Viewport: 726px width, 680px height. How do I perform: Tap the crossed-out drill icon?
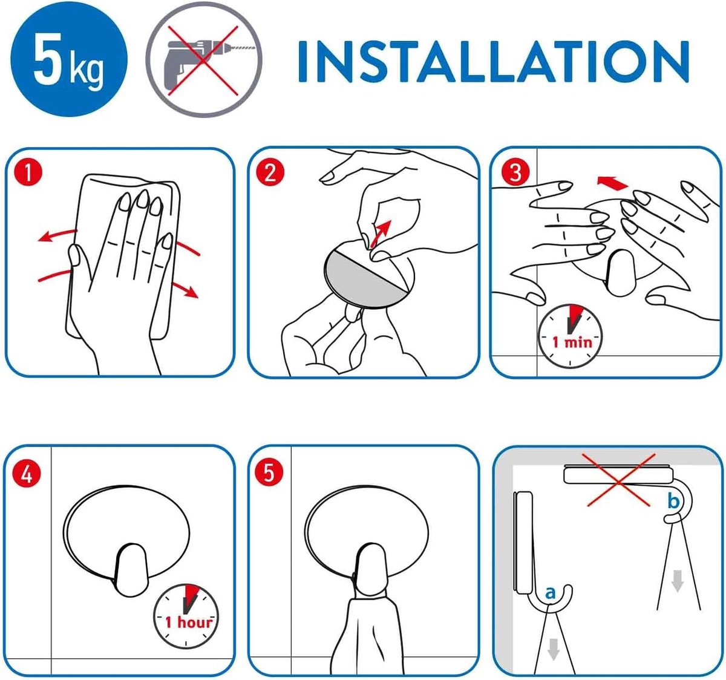coord(203,59)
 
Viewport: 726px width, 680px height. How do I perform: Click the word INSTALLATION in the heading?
coord(494,61)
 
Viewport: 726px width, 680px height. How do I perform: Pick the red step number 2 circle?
coord(270,172)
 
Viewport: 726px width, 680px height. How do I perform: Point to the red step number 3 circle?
coord(515,172)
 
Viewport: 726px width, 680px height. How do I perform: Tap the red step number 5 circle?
coord(269,472)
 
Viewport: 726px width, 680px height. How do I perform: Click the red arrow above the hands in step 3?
coord(612,183)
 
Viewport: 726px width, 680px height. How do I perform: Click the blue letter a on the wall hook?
coord(550,593)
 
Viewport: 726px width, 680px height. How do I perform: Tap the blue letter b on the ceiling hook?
coord(673,500)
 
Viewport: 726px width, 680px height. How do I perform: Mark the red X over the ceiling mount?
coord(618,480)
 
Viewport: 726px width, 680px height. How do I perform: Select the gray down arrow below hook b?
coord(678,581)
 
